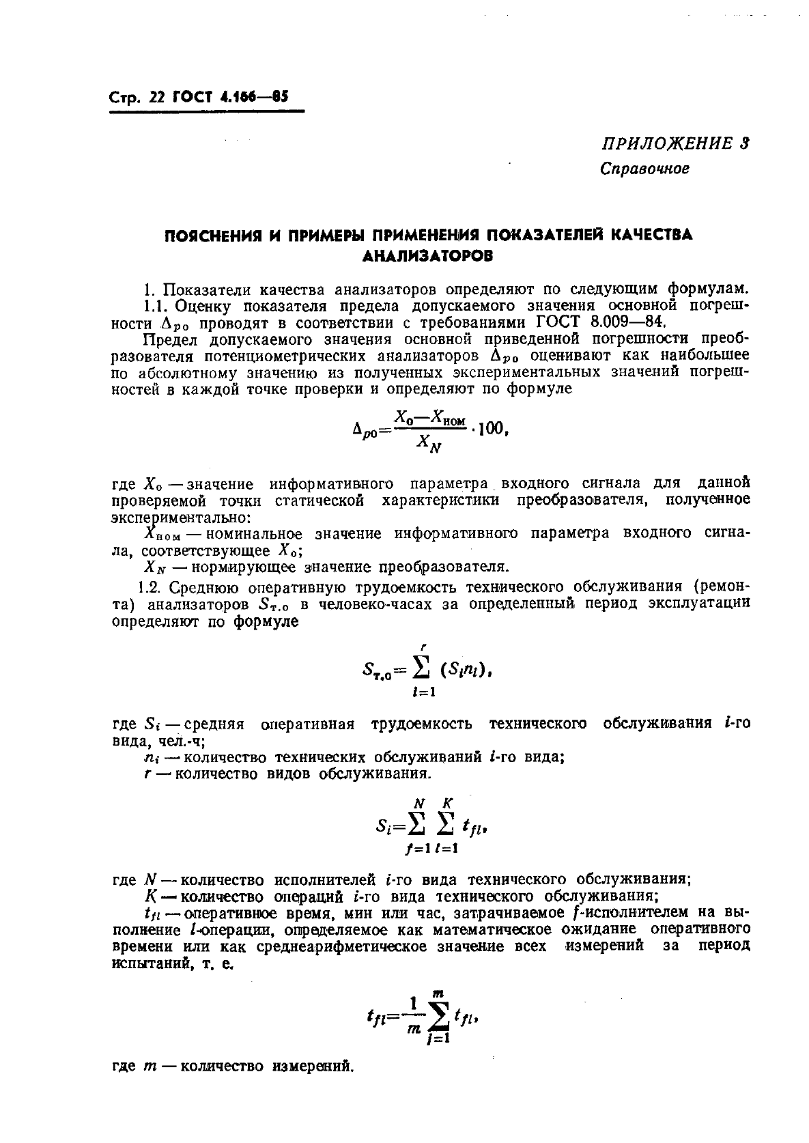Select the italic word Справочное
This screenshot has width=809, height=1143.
(644, 168)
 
